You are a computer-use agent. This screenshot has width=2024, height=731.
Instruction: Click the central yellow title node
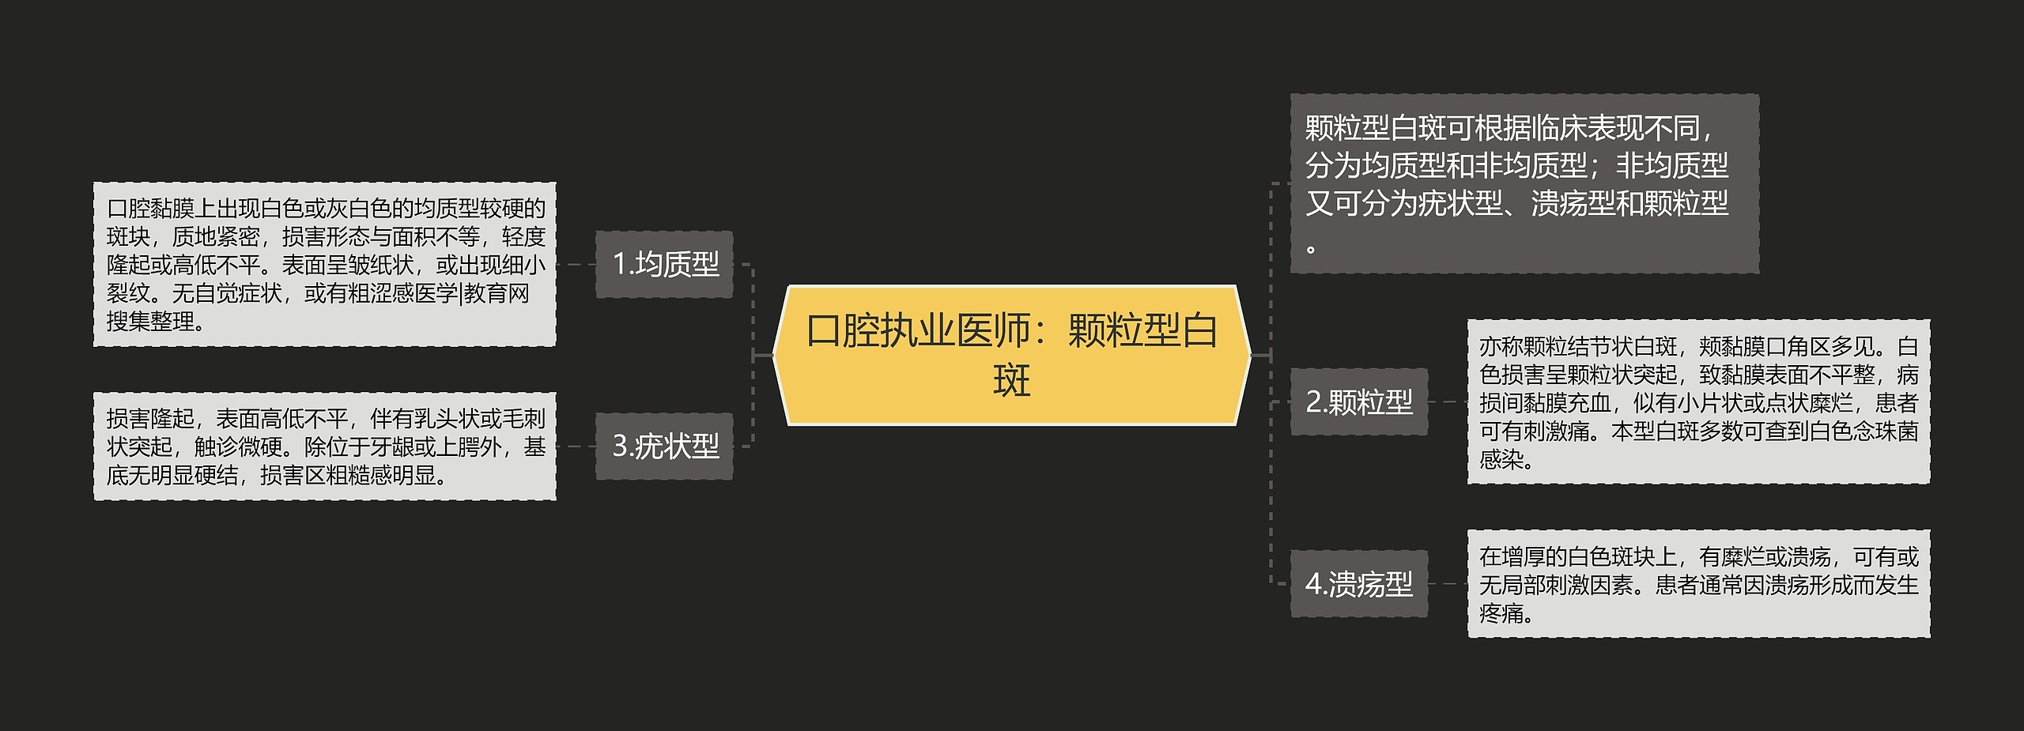point(1011,355)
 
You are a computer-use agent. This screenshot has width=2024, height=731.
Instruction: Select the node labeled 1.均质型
point(664,264)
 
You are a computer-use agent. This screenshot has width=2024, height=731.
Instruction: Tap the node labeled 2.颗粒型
point(1358,401)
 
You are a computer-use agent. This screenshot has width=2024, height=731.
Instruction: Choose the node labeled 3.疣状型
point(664,447)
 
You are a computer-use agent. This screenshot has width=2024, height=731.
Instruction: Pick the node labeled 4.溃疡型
point(1358,584)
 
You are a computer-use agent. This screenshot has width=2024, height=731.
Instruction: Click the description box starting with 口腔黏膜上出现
point(324,264)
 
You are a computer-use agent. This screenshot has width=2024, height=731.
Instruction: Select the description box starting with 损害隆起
point(324,447)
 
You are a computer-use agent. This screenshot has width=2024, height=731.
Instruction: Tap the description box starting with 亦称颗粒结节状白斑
point(1698,401)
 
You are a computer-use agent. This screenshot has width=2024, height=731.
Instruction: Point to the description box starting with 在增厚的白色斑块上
point(1698,584)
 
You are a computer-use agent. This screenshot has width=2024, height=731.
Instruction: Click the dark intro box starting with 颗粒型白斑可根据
point(1524,184)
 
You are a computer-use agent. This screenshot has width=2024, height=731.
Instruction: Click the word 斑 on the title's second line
point(1011,381)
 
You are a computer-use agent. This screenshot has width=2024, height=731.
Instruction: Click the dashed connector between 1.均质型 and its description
point(576,264)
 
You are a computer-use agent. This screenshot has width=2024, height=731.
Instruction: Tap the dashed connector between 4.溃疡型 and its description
point(1448,584)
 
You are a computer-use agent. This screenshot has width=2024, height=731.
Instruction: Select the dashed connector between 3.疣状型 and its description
point(576,447)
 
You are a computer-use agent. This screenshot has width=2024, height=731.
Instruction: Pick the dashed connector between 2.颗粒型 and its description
point(1448,401)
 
